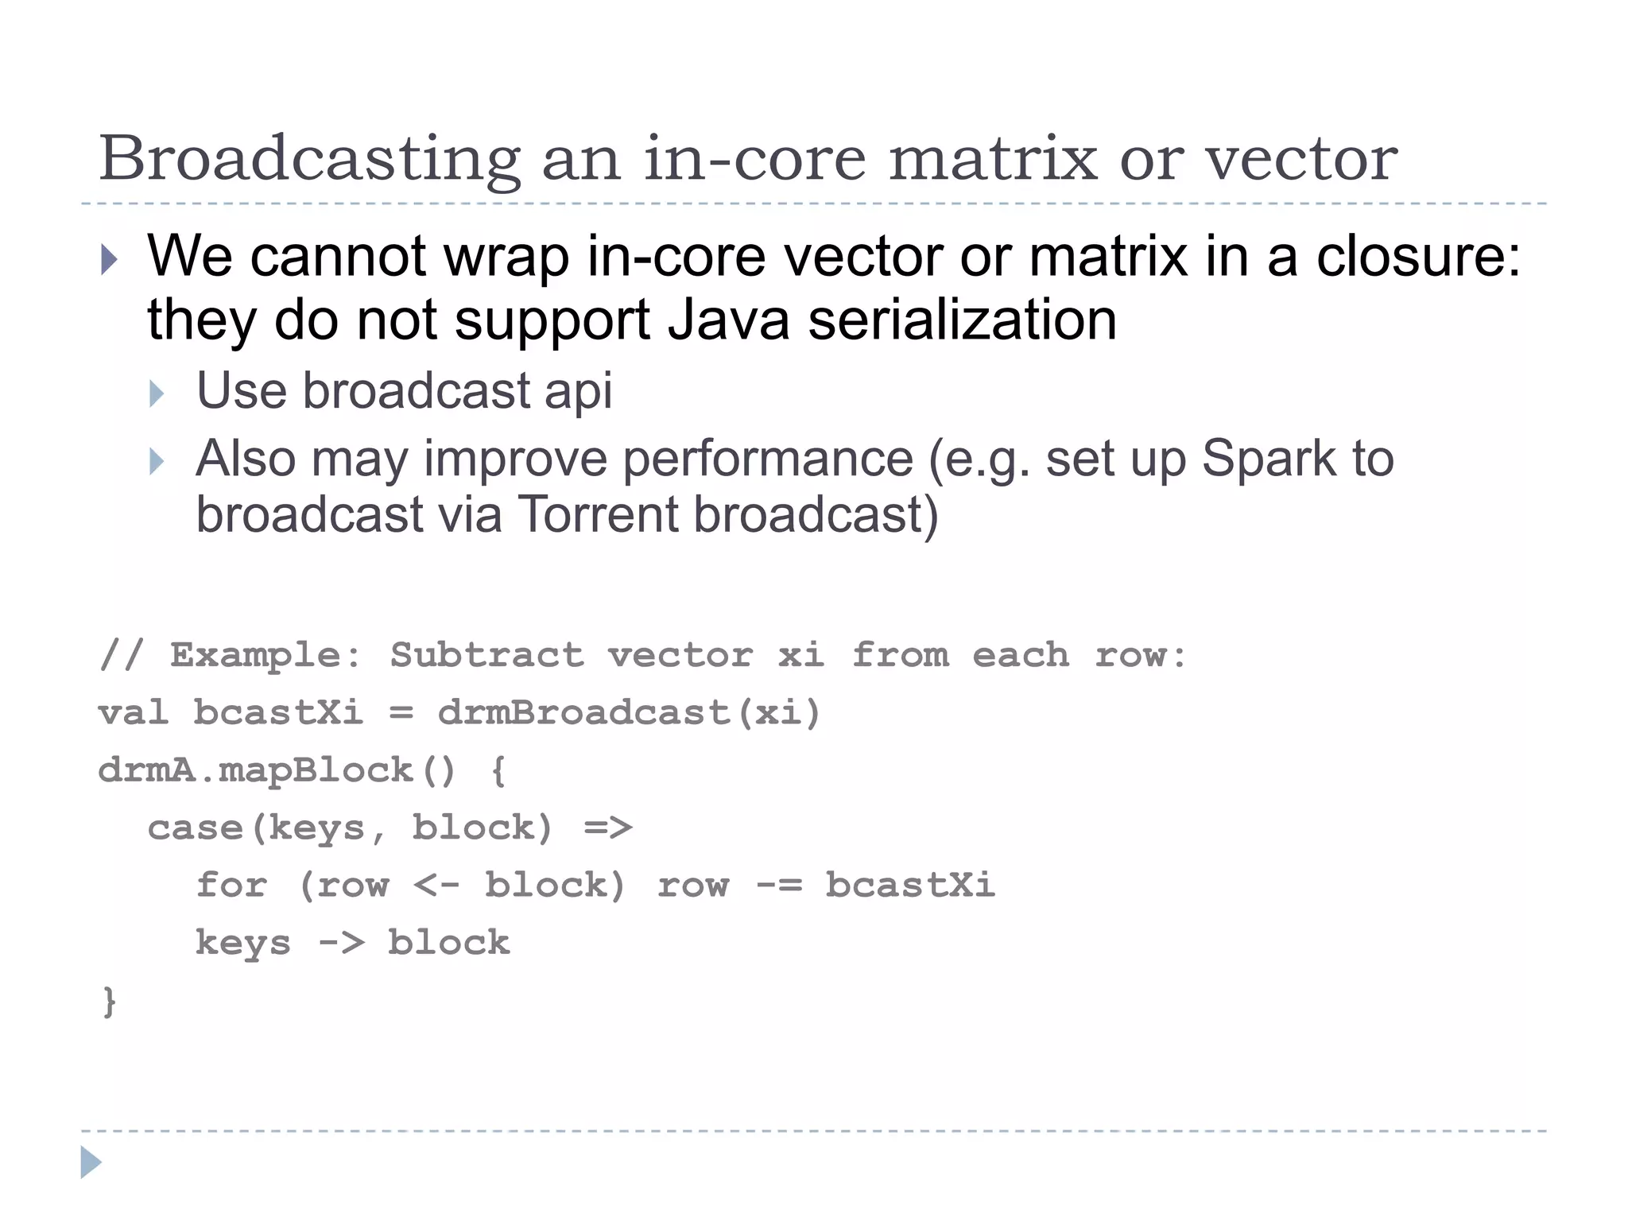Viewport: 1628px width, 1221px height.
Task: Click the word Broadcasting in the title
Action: tap(310, 159)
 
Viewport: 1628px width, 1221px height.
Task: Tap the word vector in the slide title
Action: tap(1301, 159)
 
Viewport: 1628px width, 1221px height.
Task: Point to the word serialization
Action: tap(963, 320)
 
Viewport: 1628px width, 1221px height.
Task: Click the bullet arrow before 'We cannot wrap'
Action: tap(110, 259)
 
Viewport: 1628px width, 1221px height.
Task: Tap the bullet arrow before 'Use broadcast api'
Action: tap(157, 393)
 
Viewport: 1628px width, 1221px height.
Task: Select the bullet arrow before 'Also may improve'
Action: tap(157, 461)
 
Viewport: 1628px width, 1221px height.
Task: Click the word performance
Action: tap(768, 459)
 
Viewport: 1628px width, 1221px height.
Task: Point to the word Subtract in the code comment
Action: tap(486, 655)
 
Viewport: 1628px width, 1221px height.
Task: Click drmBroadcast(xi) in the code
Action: tap(628, 712)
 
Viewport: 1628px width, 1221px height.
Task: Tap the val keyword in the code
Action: tap(133, 712)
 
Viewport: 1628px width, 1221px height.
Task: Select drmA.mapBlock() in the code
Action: tap(277, 770)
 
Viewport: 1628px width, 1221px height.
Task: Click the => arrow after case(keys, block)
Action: tap(608, 828)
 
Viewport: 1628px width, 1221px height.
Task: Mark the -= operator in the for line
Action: tap(778, 886)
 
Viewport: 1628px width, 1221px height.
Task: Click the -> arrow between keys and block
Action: tap(341, 944)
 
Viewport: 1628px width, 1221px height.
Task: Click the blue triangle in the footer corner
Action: tap(91, 1162)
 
